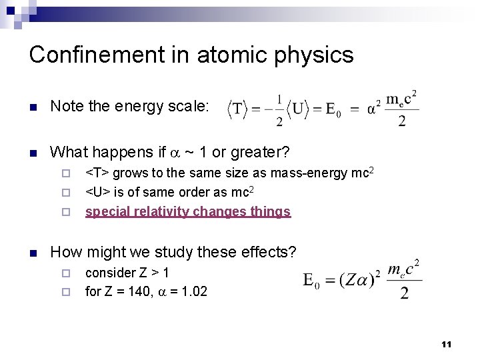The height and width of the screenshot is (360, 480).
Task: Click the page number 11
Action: [x=447, y=345]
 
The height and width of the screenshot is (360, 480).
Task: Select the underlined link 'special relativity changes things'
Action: [x=188, y=212]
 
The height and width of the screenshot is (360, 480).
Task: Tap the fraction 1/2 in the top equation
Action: [x=279, y=108]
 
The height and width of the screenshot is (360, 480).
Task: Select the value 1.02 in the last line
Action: [x=194, y=291]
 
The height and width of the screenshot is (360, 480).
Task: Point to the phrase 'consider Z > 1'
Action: [x=127, y=273]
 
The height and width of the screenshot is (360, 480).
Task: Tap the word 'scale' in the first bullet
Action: [x=189, y=106]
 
